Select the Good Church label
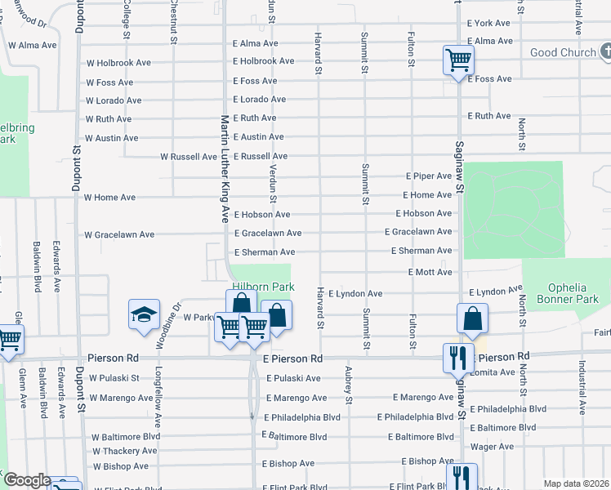[563, 53]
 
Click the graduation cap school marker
[143, 315]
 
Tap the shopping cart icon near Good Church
[458, 60]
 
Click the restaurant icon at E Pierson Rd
[455, 357]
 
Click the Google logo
[27, 480]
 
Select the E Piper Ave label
[429, 176]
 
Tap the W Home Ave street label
[110, 198]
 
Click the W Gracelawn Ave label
[119, 234]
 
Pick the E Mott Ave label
[430, 272]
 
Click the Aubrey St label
[348, 385]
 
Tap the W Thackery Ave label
[125, 451]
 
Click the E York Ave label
[488, 24]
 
